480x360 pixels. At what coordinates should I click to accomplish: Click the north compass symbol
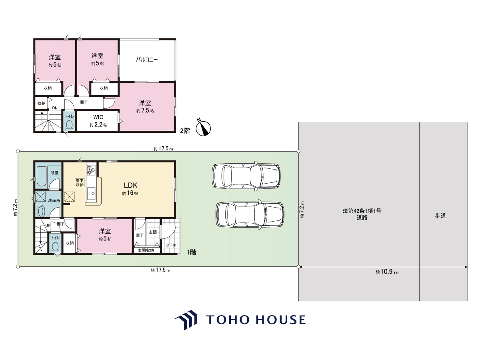[x=203, y=128]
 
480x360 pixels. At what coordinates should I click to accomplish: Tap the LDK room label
[x=130, y=185]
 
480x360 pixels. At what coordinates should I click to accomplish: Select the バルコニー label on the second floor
[x=147, y=60]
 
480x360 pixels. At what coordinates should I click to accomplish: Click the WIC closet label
[x=98, y=117]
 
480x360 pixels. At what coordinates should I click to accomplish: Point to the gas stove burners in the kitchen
[x=91, y=170]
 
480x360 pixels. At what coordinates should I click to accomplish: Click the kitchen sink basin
[x=92, y=194]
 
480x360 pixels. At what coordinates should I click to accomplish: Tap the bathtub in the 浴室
[x=41, y=176]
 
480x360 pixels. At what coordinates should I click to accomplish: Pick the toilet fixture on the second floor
[x=70, y=125]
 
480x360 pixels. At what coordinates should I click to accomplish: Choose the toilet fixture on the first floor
[x=56, y=247]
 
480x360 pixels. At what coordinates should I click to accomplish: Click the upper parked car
[x=246, y=176]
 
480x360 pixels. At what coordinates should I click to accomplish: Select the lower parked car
[x=250, y=214]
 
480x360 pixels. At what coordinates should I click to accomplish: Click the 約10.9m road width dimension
[x=387, y=272]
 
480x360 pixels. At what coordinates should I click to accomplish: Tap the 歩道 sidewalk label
[x=440, y=216]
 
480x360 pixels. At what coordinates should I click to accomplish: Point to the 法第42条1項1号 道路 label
[x=362, y=214]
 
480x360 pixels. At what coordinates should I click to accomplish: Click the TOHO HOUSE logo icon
[x=186, y=320]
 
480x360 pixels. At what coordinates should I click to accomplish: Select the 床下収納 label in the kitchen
[x=80, y=183]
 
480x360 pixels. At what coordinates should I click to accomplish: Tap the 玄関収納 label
[x=146, y=250]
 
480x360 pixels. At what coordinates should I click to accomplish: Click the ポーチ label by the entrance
[x=171, y=246]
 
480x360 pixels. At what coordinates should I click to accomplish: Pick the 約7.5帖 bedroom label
[x=145, y=111]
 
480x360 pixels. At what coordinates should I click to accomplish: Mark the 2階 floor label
[x=185, y=131]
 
